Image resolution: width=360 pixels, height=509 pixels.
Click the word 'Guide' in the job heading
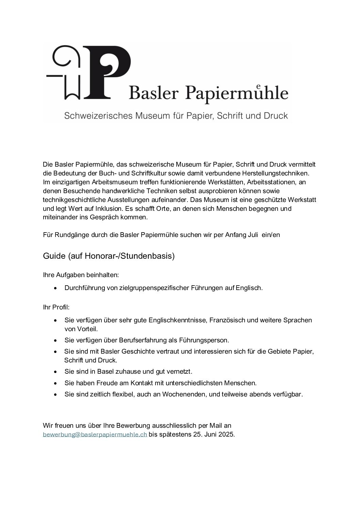click(54, 256)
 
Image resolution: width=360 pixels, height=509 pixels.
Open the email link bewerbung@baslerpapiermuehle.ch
click(95, 434)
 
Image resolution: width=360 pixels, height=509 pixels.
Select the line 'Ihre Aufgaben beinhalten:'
click(81, 274)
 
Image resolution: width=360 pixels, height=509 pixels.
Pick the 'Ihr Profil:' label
click(56, 307)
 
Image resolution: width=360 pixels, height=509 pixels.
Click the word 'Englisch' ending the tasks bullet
click(250, 288)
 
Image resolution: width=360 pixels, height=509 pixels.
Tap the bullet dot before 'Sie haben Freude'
click(56, 383)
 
